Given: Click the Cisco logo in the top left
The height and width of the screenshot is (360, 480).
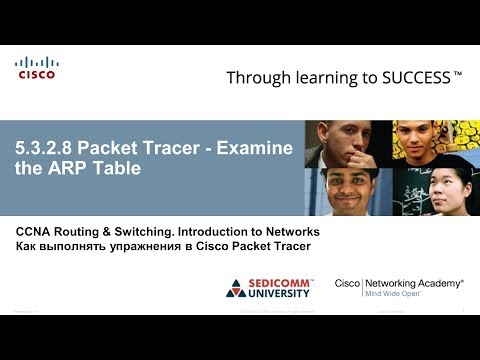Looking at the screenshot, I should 36,67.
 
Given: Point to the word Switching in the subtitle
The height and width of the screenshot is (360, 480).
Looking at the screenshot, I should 140,231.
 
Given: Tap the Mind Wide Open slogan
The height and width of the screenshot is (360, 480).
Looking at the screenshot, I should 400,296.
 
